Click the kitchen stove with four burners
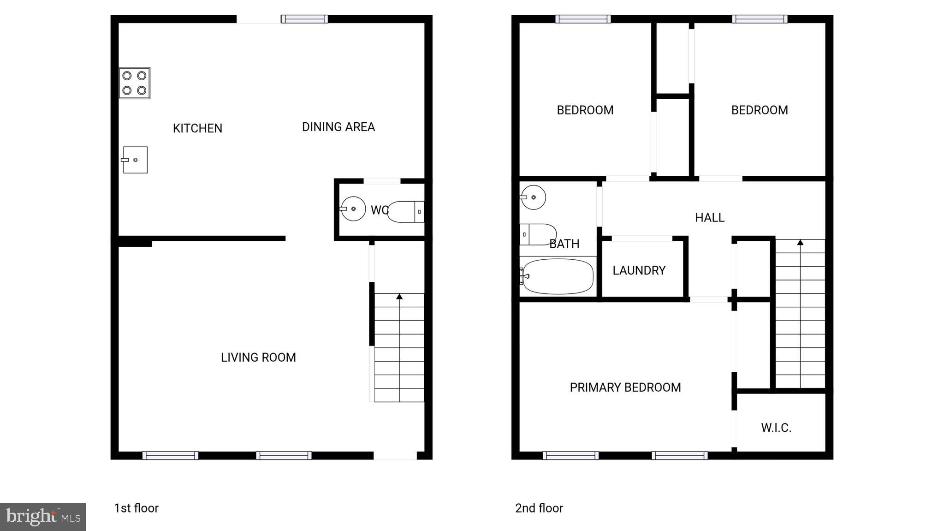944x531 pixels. point(134,83)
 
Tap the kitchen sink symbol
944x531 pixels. point(135,160)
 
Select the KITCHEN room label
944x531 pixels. point(197,128)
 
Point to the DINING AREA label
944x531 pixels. point(338,127)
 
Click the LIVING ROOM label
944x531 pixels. point(258,358)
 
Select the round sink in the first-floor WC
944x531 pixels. point(353,209)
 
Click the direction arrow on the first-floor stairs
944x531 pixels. point(399,297)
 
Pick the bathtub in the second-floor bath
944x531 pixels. point(558,276)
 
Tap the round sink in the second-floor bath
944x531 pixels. point(534,197)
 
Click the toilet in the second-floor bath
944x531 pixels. point(538,234)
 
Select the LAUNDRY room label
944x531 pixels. point(639,270)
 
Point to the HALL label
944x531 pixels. point(709,217)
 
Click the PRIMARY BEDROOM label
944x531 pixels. point(625,388)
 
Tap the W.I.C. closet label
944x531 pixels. point(776,428)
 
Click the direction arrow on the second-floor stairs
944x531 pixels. point(800,242)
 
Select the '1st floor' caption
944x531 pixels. point(136,508)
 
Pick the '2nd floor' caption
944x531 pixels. point(539,508)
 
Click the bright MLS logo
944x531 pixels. point(43,517)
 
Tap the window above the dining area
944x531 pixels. point(304,19)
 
